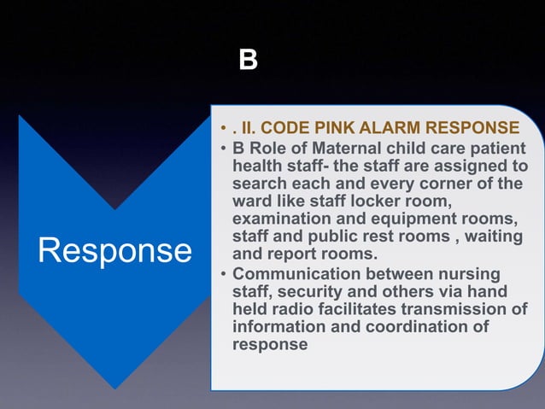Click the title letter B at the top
pos(248,61)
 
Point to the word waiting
pos(495,237)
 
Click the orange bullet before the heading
pos(221,129)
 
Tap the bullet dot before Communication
pos(221,275)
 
